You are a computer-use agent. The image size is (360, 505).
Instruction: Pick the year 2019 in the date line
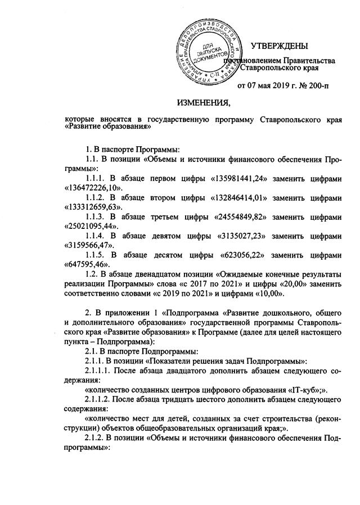click(285, 86)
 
